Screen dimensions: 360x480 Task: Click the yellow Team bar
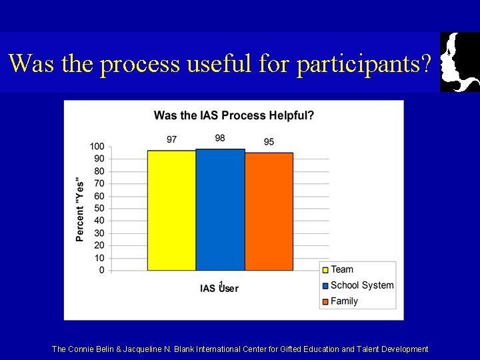pos(171,210)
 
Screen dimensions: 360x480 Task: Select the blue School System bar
pos(220,209)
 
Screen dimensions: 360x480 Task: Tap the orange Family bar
pos(269,211)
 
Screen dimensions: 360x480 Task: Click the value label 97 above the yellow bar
pos(171,139)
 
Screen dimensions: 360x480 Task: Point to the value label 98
pos(220,138)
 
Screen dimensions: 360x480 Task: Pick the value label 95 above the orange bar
pos(269,142)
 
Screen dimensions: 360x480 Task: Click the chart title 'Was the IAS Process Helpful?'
pos(234,115)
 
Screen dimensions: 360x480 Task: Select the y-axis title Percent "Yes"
pos(80,209)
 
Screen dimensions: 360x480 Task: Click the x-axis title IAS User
pos(219,288)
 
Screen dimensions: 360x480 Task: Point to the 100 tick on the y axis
pos(97,147)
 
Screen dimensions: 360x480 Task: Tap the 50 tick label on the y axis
pos(99,209)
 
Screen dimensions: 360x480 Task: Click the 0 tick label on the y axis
pos(101,270)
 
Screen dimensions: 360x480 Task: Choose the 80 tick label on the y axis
pos(99,171)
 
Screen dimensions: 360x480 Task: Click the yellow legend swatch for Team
pos(325,270)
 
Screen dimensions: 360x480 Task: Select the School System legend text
pos(362,285)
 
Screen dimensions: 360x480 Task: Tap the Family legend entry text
pos(344,301)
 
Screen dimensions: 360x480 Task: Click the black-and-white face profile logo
pos(459,61)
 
